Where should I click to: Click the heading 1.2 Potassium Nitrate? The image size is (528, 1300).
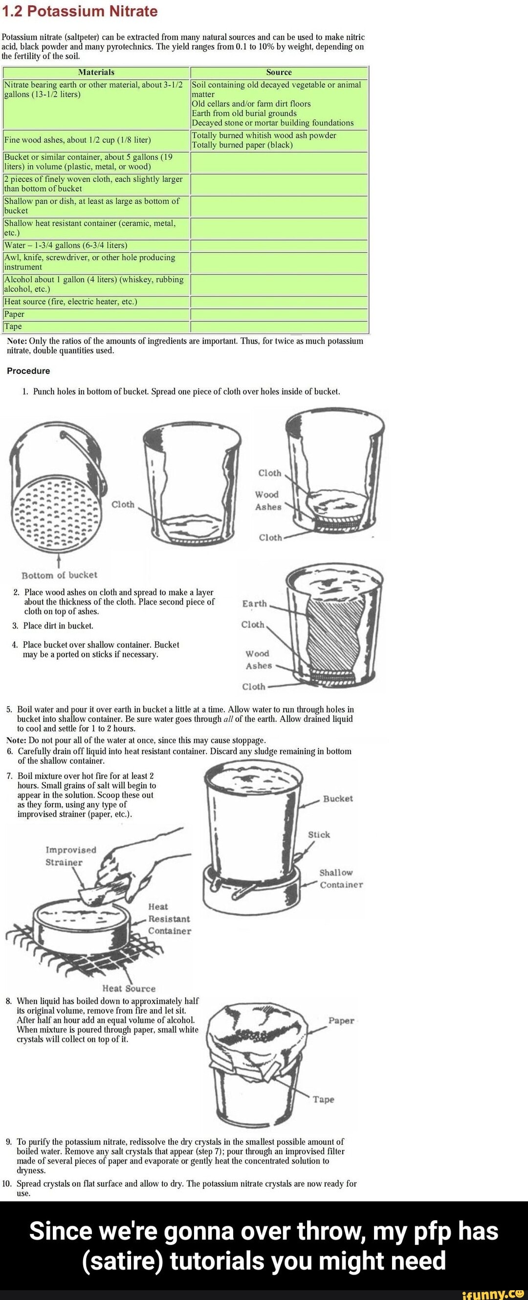tap(80, 11)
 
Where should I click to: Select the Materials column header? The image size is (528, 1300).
tap(96, 72)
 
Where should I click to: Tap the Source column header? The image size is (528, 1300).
tap(279, 72)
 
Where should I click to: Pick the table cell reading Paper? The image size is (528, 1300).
tap(96, 314)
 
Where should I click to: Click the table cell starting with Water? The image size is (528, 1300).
tap(96, 245)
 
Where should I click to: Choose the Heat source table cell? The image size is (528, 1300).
tap(96, 302)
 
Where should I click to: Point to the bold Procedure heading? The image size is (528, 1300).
tap(28, 371)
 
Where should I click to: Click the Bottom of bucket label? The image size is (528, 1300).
tap(59, 575)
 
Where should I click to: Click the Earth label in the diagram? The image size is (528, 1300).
tap(254, 604)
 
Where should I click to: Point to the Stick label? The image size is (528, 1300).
tap(319, 835)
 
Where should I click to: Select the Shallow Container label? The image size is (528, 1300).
tap(340, 879)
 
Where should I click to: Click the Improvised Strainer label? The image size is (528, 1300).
tap(70, 856)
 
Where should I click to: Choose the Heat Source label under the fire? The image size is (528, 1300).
tap(129, 989)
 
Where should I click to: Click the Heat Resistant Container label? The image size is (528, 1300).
tap(169, 919)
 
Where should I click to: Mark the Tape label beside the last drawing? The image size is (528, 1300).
tap(323, 1099)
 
